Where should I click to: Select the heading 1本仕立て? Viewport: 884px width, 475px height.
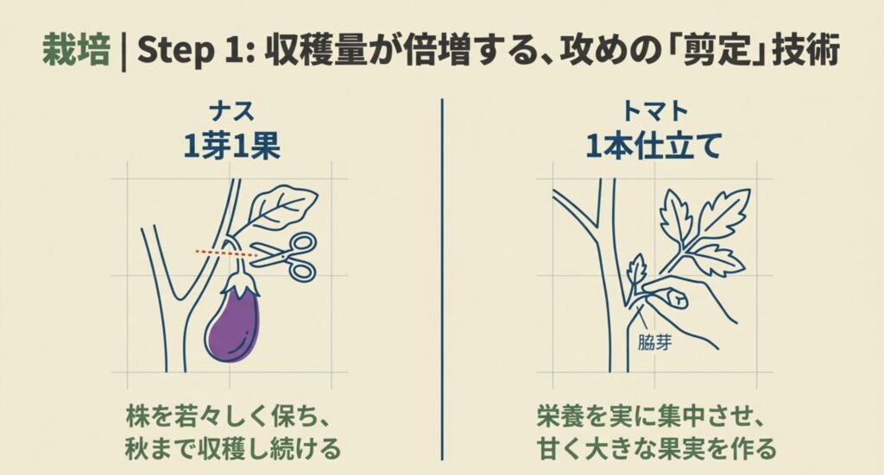[x=653, y=146]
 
